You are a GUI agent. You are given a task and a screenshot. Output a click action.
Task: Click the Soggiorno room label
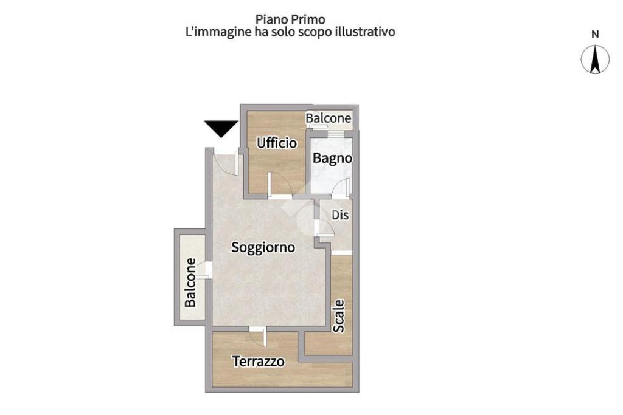pos(263,248)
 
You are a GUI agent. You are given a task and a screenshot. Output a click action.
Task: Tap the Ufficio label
pos(277,143)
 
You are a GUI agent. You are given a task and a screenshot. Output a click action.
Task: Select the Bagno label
pos(332,158)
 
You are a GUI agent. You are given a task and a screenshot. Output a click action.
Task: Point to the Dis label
pos(339,215)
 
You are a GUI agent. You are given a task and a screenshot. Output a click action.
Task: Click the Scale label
pos(339,315)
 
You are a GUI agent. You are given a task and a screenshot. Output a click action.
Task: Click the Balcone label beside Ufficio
pos(329,118)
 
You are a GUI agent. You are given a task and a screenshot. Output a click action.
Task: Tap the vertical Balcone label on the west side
pos(190,283)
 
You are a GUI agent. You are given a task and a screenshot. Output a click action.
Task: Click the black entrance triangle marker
pos(220,128)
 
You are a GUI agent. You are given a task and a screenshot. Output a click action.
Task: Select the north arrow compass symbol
pos(596,60)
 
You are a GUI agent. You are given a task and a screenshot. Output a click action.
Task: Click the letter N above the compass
pos(596,35)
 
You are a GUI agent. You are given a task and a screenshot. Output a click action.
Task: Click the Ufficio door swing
pos(279,185)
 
